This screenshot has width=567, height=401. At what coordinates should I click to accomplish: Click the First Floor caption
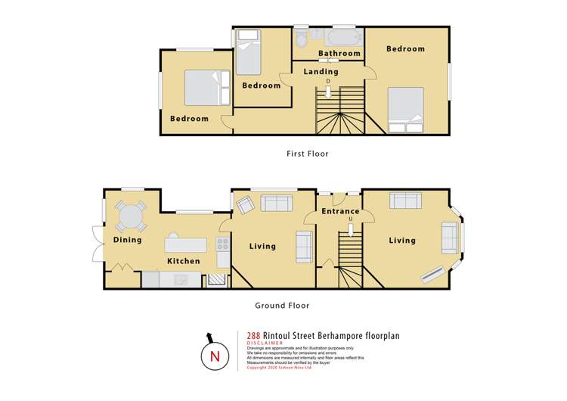307,154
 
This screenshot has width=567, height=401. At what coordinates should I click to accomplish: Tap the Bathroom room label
339,54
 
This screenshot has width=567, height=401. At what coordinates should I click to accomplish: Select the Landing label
321,72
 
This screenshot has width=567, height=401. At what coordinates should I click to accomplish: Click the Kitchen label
184,261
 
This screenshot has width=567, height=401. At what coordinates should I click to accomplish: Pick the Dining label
128,241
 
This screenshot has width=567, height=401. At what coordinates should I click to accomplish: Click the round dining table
132,217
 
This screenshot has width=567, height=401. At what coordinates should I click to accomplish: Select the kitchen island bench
186,244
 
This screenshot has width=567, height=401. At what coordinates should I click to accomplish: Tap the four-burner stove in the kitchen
223,244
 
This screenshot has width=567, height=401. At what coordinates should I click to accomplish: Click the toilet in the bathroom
301,38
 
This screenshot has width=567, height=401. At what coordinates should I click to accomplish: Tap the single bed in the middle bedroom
248,52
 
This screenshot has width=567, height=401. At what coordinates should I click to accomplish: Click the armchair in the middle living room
245,204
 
